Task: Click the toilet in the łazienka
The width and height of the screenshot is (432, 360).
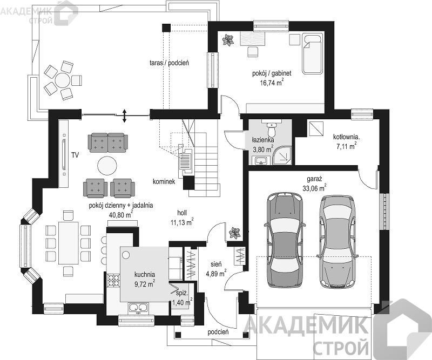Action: coord(272,129)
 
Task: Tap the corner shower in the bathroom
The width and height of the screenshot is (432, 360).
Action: coord(282,155)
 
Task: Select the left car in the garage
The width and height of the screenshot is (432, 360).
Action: coord(285,240)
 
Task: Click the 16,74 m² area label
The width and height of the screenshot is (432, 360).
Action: coord(271,83)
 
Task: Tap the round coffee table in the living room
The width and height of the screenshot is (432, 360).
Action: coord(107,166)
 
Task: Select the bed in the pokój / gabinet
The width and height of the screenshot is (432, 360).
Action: coord(313,54)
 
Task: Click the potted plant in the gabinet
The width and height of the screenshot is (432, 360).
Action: coord(228,40)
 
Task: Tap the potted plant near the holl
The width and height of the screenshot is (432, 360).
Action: coord(235,233)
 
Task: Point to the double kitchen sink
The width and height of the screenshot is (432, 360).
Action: coord(139,308)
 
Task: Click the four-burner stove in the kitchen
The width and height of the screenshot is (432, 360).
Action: coord(113,281)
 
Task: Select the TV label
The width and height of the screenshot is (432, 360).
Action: coord(75,155)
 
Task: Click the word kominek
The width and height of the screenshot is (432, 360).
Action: coord(164,182)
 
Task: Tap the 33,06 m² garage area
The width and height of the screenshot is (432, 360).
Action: coord(314,188)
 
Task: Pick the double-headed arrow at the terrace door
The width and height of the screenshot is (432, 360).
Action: coord(125,116)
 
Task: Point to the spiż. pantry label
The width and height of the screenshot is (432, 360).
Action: coord(182,294)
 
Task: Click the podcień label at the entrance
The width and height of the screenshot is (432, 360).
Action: coord(218,332)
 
